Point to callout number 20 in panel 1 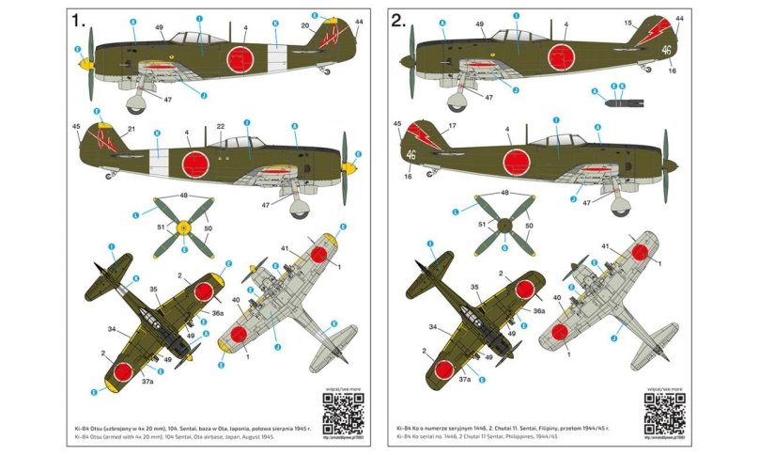[x=305, y=27]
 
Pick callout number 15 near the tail [x=627, y=22]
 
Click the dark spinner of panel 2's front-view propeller [x=503, y=226]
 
